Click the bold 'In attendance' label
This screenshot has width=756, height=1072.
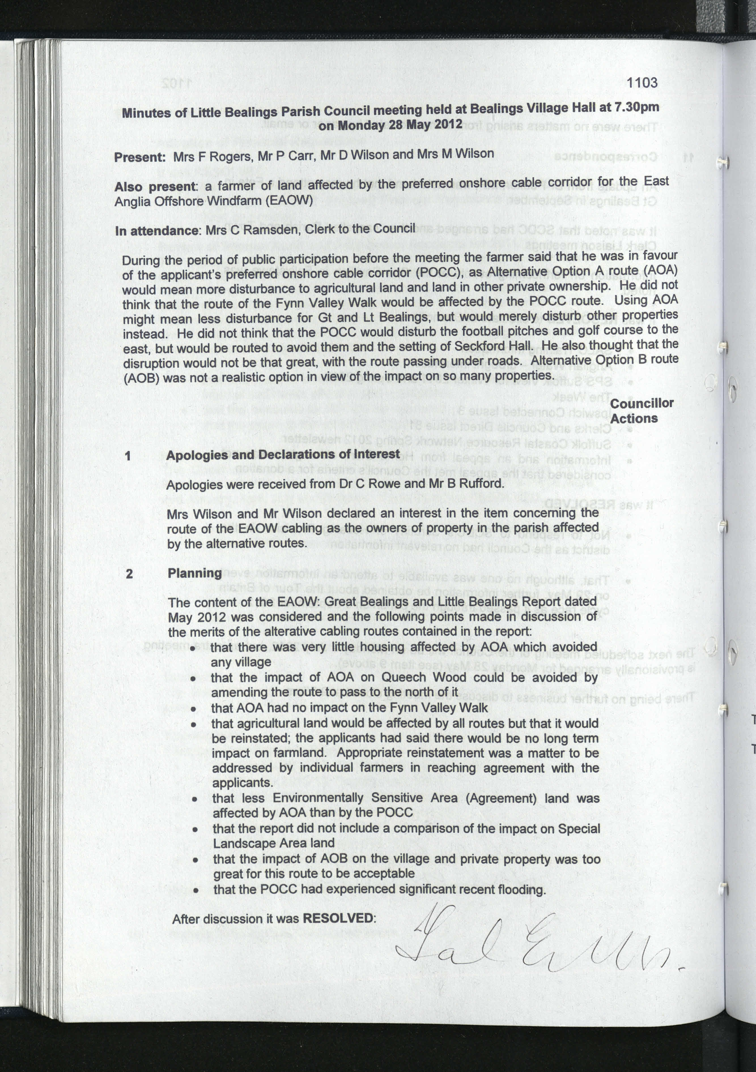[158, 231]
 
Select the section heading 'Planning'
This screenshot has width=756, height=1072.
[194, 573]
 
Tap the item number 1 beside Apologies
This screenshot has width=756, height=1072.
[128, 456]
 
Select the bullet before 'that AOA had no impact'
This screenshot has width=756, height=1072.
[193, 709]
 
